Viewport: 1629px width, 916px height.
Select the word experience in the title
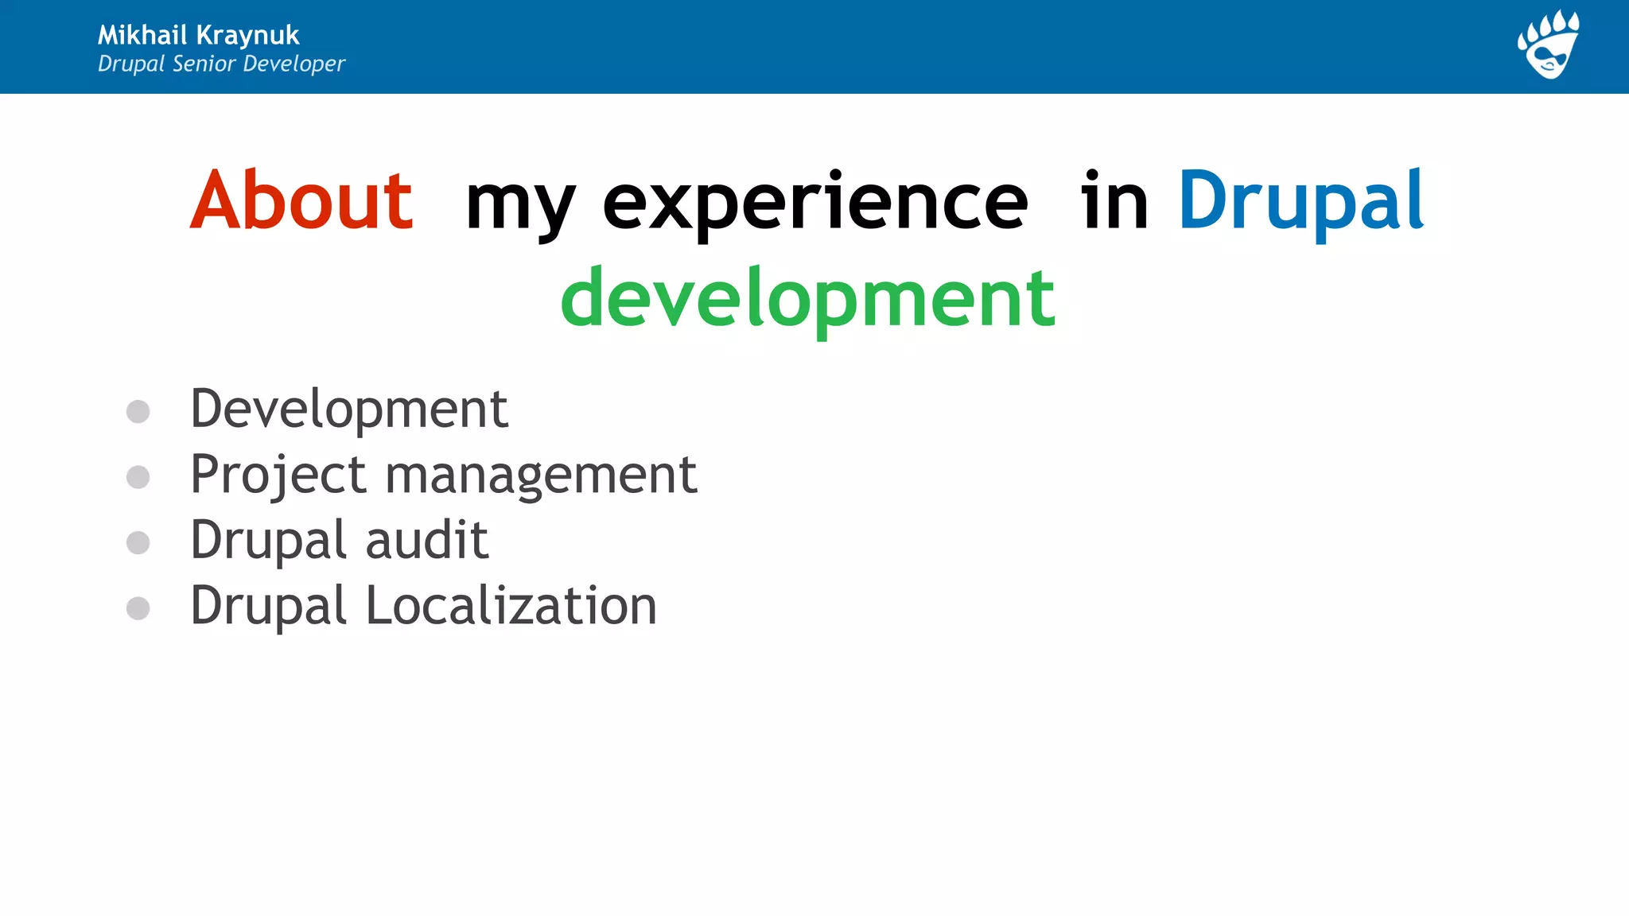pyautogui.click(x=814, y=205)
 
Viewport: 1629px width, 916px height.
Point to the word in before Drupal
pyautogui.click(x=1114, y=200)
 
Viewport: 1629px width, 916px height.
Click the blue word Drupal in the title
pyautogui.click(x=1300, y=202)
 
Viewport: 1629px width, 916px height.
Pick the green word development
pyautogui.click(x=807, y=299)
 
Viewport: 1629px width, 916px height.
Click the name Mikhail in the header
pyautogui.click(x=142, y=35)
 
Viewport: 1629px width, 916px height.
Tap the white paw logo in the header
pyautogui.click(x=1548, y=45)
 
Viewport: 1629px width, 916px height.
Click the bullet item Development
pyautogui.click(x=348, y=409)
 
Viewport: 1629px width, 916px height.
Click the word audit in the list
pyautogui.click(x=426, y=540)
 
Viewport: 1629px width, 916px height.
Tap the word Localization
pyautogui.click(x=511, y=606)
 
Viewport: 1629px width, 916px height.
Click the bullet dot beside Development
pyautogui.click(x=138, y=411)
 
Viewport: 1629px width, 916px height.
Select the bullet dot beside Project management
pyautogui.click(x=138, y=477)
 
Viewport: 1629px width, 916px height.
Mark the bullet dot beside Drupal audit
pyautogui.click(x=138, y=542)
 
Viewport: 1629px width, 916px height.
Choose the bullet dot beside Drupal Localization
pyautogui.click(x=138, y=608)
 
